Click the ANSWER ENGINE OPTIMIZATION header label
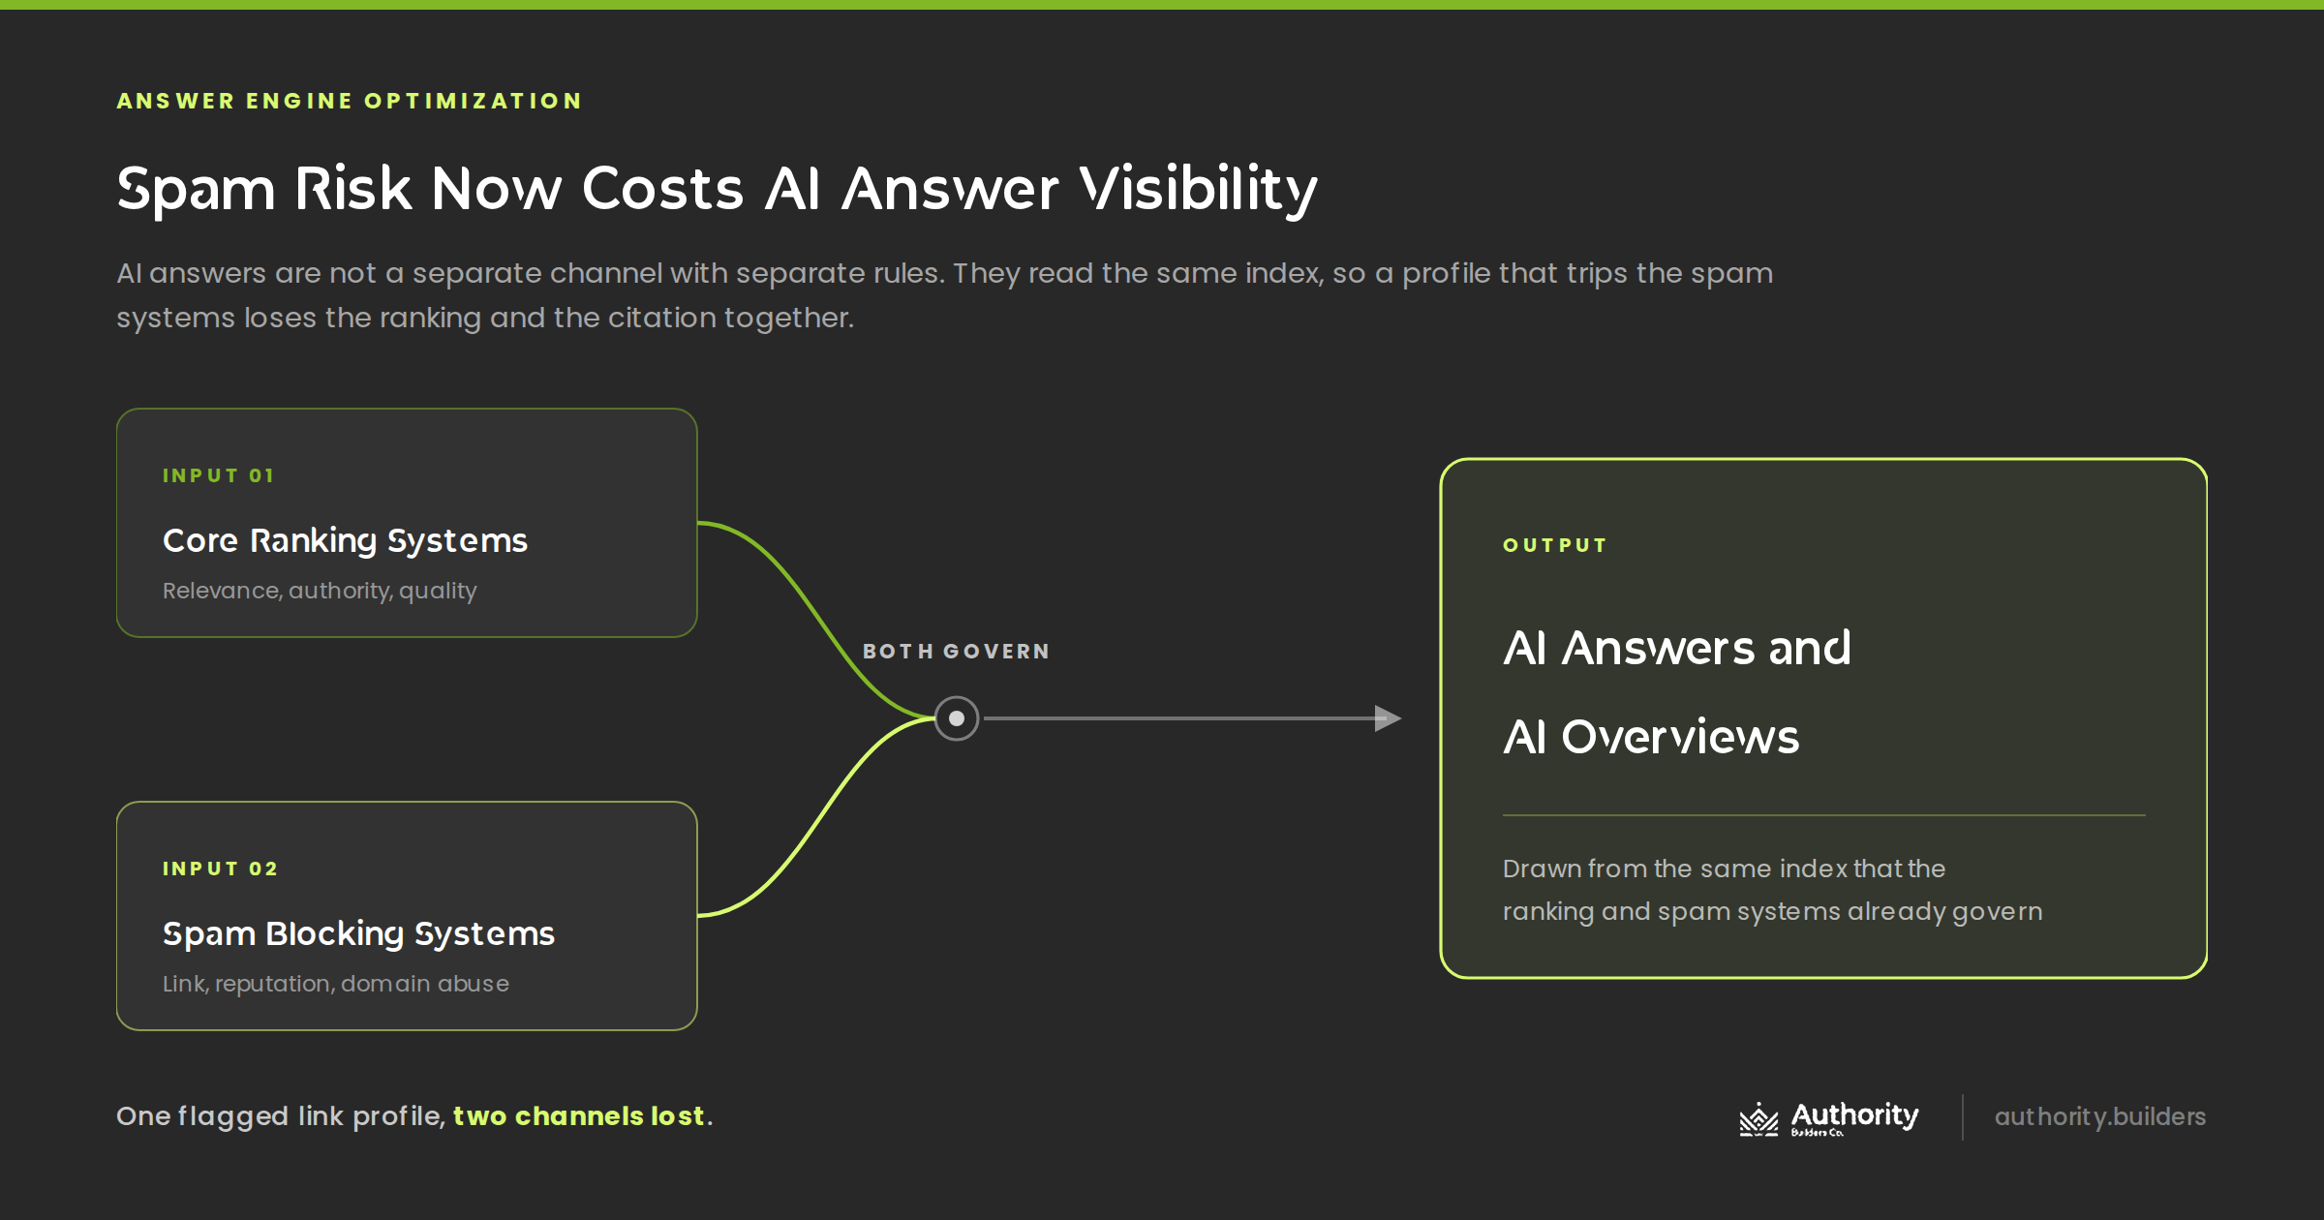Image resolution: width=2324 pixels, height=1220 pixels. (349, 101)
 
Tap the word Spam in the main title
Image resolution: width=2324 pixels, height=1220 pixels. (197, 189)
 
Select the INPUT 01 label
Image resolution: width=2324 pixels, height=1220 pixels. (219, 475)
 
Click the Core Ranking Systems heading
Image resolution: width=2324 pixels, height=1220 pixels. (345, 541)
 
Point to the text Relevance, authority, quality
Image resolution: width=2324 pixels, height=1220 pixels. (320, 591)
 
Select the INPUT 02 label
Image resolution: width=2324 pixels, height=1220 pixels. (221, 869)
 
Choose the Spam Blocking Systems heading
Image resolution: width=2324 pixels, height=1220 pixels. (358, 934)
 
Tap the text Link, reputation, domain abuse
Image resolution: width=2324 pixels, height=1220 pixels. (335, 984)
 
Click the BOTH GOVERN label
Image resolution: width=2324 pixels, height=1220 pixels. (957, 652)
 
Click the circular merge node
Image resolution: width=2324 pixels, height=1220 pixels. (957, 718)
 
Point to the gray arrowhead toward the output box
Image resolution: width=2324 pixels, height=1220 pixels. (1389, 718)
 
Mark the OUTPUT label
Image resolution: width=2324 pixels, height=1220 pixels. (1555, 545)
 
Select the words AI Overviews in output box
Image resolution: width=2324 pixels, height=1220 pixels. (1651, 738)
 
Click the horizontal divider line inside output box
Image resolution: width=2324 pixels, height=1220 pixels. (1824, 815)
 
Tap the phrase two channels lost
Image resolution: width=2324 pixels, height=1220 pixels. (578, 1116)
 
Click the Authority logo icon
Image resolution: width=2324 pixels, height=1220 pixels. (1758, 1118)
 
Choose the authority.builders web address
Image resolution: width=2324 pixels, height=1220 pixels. (2100, 1117)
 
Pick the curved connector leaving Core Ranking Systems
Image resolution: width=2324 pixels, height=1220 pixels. (819, 620)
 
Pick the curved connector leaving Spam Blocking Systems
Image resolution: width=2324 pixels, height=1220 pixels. (819, 817)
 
